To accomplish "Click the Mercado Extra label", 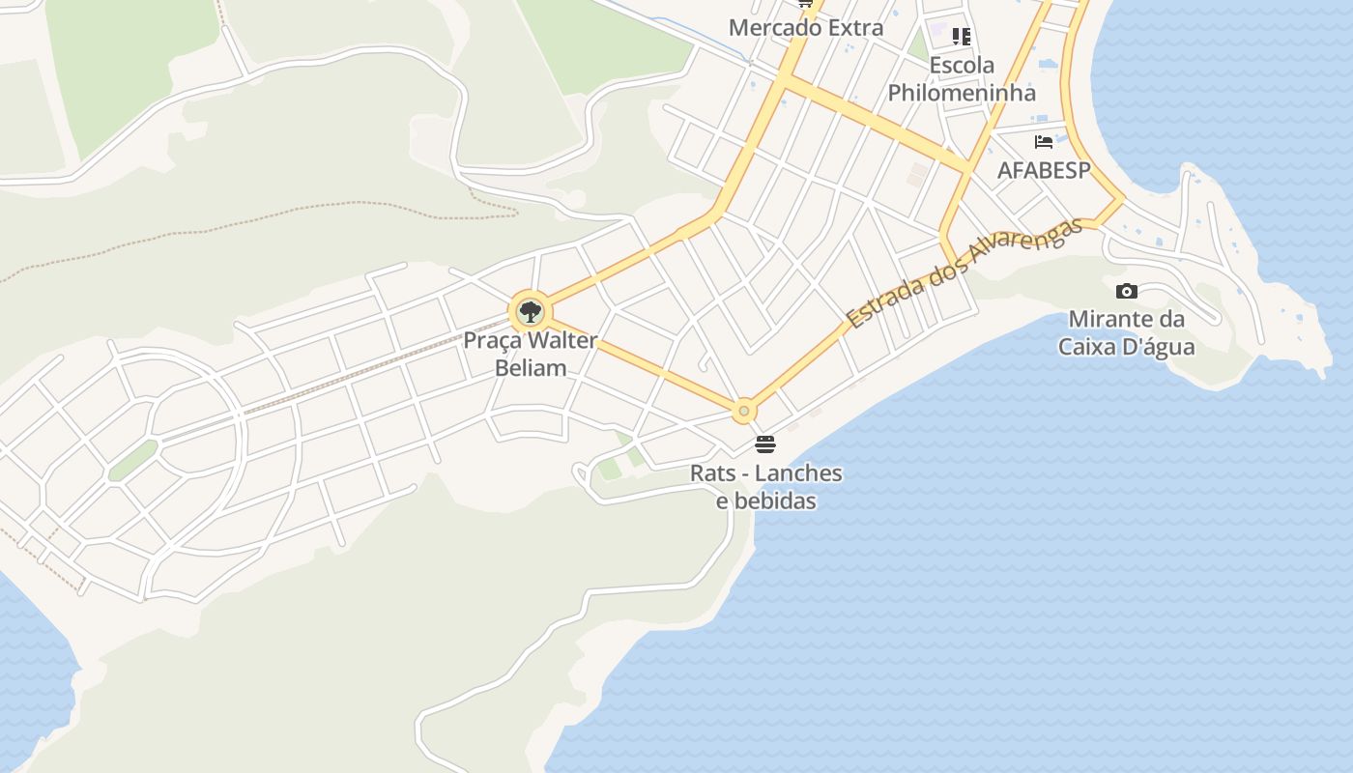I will (806, 28).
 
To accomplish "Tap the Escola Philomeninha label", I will (962, 79).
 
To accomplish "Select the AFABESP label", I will (1044, 171).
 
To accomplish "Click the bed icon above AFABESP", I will (1044, 142).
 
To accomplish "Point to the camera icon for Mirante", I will (1127, 291).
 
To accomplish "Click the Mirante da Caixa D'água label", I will (1127, 332).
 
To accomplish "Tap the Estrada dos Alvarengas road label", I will (964, 273).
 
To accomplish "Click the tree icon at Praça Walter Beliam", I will (530, 312).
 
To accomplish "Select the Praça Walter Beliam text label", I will (531, 354).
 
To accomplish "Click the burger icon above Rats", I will (765, 444).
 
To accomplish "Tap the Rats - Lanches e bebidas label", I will (766, 487).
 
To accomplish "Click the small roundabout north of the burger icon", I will (743, 412).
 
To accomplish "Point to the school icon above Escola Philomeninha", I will (962, 37).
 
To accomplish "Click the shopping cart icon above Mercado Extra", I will (805, 3).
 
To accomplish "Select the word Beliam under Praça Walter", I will (531, 367).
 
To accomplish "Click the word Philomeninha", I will (962, 93).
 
